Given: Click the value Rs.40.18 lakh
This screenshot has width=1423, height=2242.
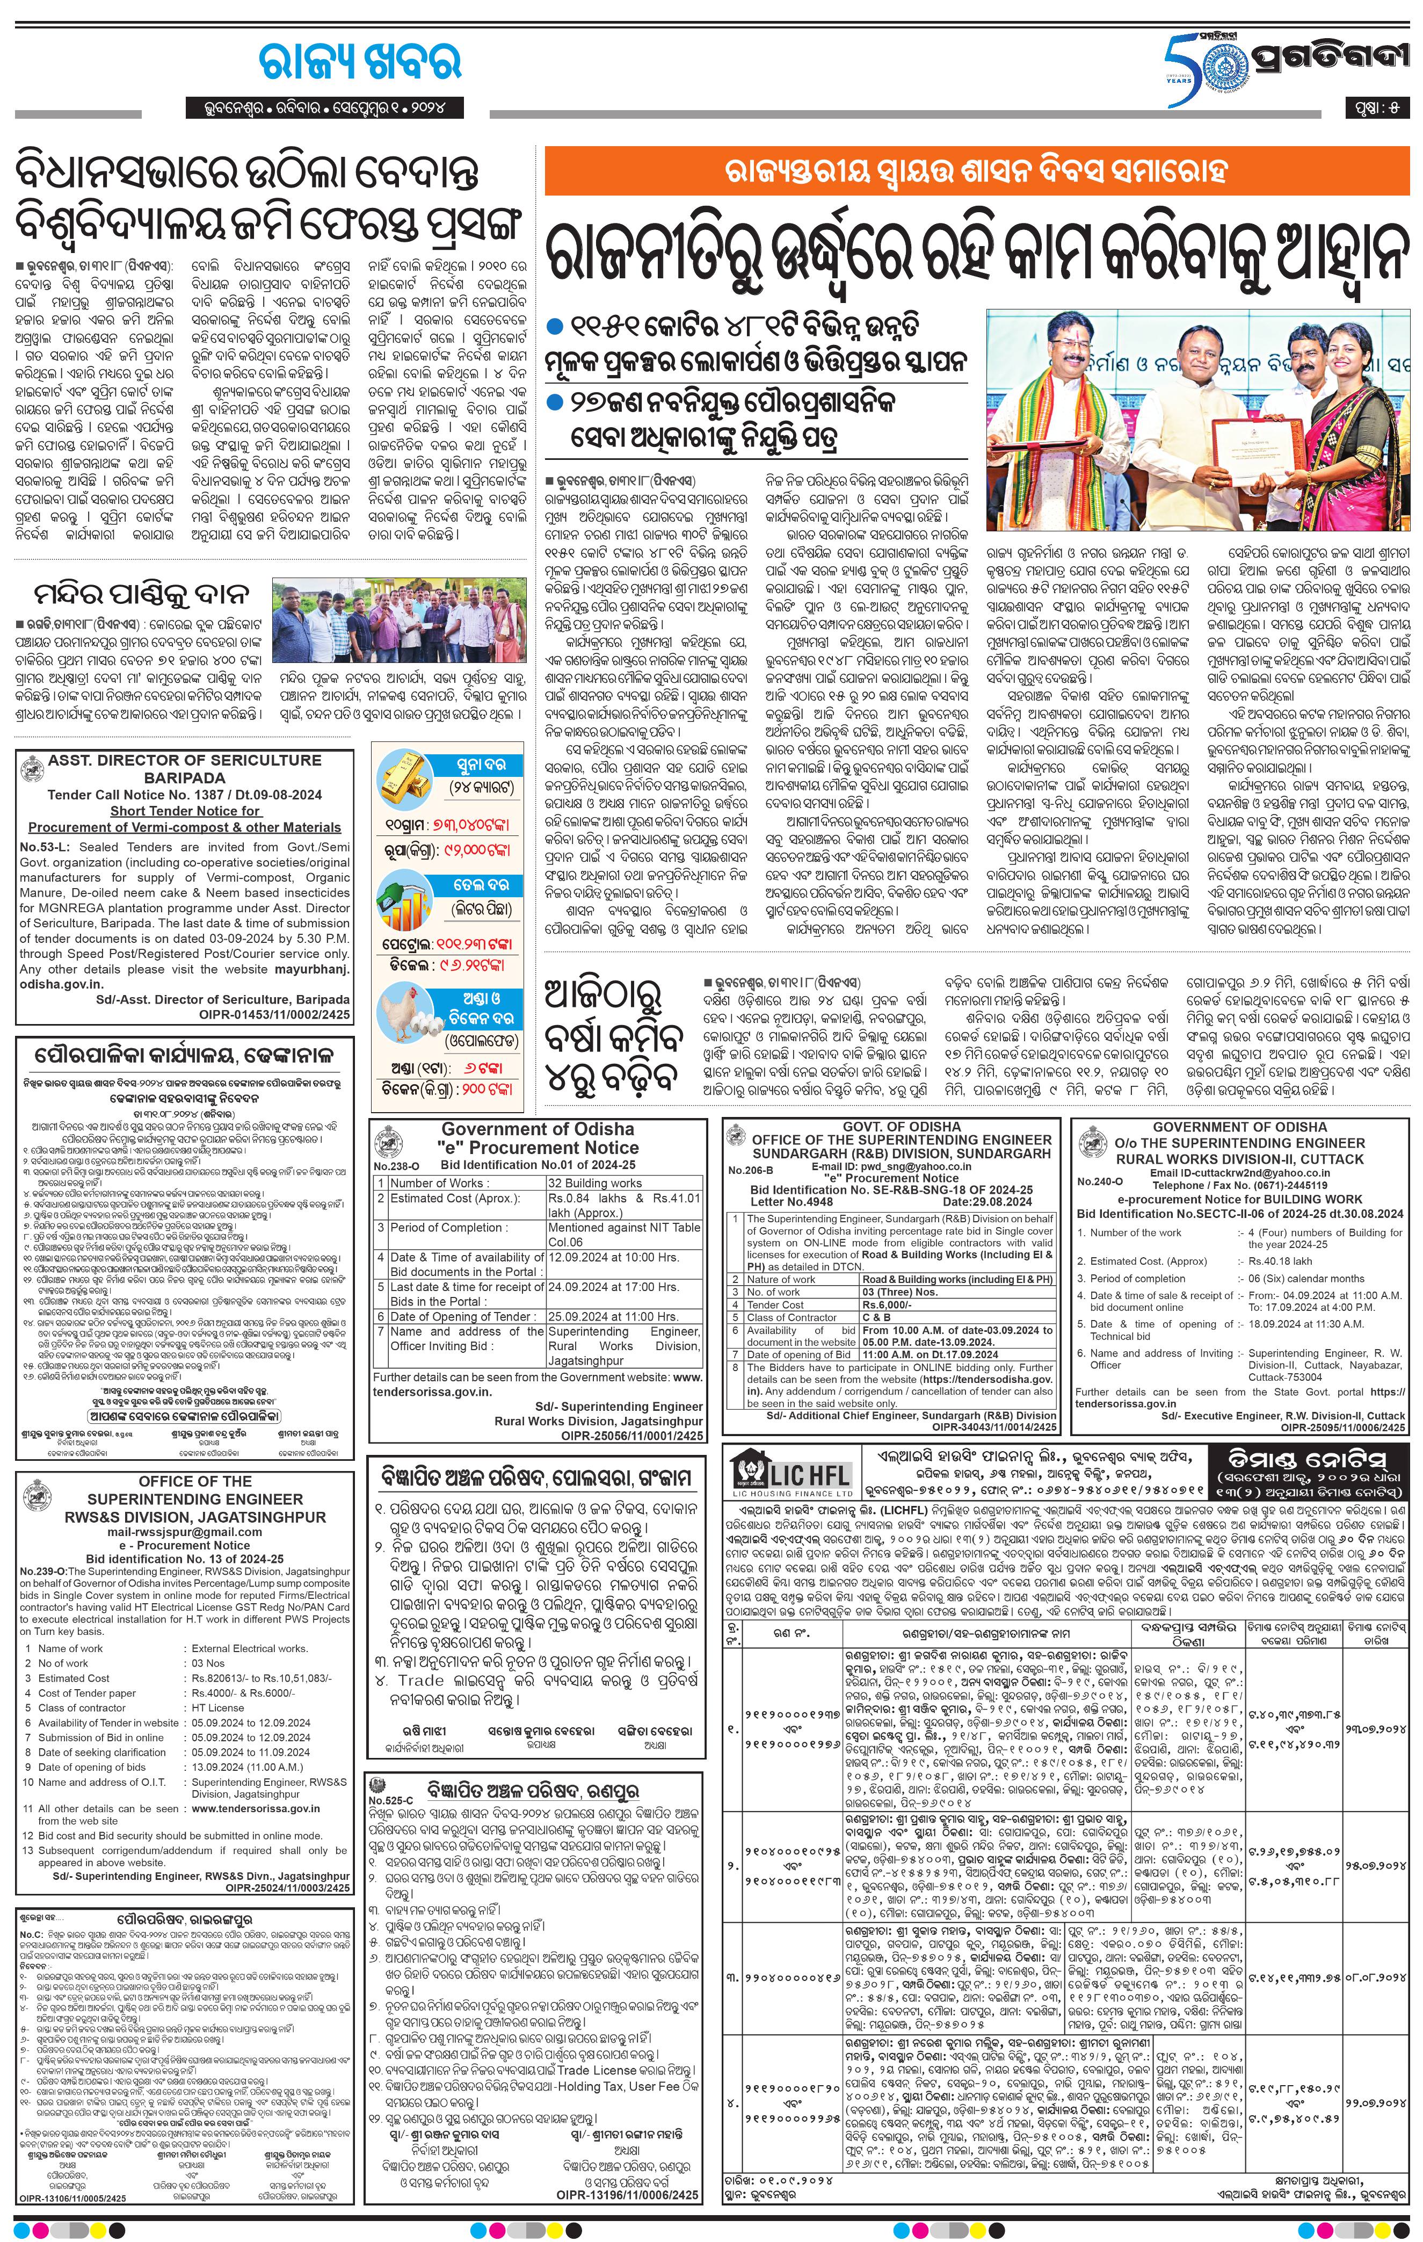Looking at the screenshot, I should click(x=1280, y=1260).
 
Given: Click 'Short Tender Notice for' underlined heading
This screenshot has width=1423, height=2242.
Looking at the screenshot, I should click(x=185, y=810).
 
